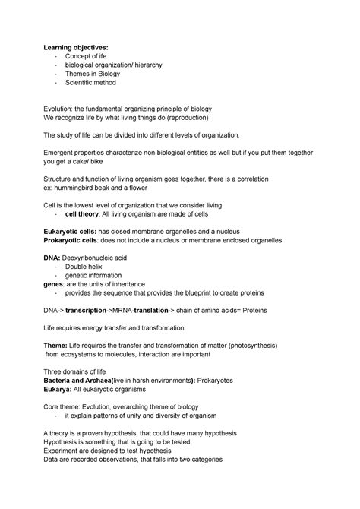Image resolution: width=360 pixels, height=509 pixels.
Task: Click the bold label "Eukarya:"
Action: [58, 387]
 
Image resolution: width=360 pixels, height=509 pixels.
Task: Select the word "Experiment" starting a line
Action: [63, 450]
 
